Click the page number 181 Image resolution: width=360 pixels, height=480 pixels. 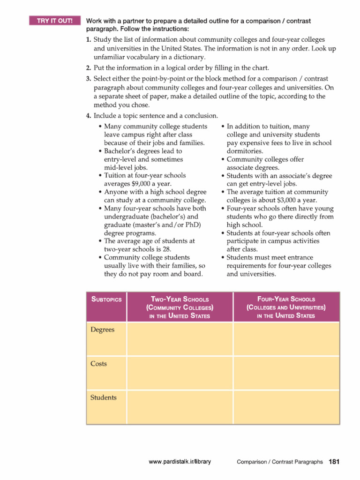click(x=334, y=462)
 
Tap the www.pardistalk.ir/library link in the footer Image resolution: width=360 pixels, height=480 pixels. click(x=180, y=462)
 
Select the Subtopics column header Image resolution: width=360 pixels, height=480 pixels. click(x=106, y=299)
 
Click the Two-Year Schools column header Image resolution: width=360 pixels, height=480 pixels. click(x=180, y=307)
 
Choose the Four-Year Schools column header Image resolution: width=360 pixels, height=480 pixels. click(x=286, y=307)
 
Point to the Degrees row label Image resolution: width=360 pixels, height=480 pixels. click(x=102, y=330)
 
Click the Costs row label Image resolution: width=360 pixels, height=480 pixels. click(x=98, y=364)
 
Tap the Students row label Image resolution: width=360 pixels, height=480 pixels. click(x=103, y=397)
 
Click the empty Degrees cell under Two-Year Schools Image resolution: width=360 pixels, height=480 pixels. click(x=180, y=338)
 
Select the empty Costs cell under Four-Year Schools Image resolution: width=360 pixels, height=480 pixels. click(x=286, y=373)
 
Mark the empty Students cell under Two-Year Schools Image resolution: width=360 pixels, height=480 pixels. click(x=180, y=407)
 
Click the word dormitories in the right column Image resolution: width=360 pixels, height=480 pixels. click(x=245, y=151)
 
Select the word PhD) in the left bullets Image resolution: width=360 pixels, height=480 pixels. click(x=192, y=225)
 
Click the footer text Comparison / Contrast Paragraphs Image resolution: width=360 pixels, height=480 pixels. click(x=279, y=462)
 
